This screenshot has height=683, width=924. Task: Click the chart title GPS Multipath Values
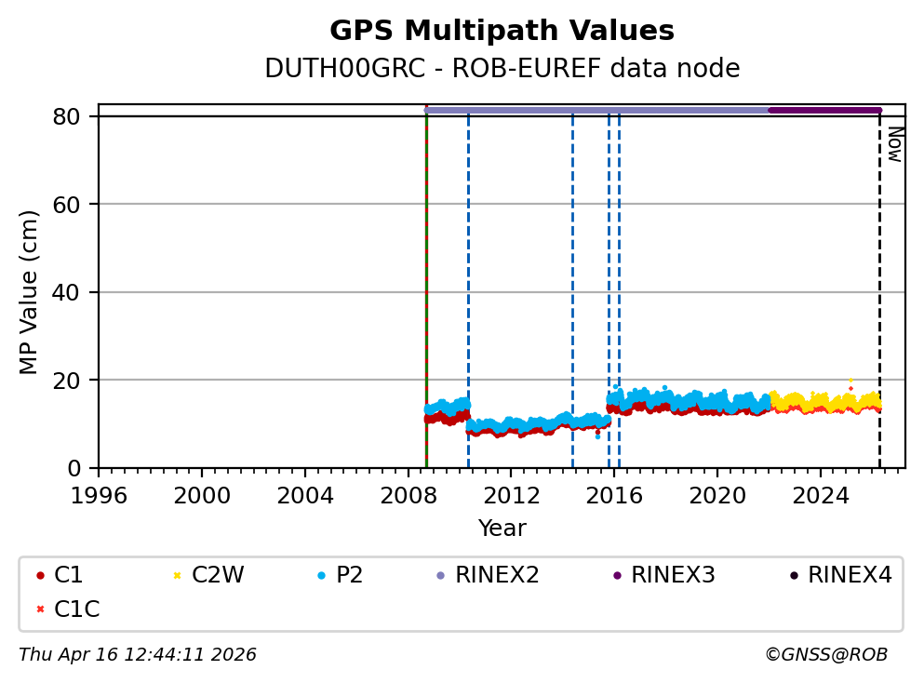[502, 31]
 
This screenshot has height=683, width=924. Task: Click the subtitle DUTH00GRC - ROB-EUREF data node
[502, 69]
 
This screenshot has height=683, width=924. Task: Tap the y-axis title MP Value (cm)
[30, 292]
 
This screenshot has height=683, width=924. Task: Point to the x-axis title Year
[502, 529]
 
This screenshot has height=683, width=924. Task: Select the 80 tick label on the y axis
[74, 116]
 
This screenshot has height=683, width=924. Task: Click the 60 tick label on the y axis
[74, 205]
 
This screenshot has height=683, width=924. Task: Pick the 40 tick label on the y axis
[74, 292]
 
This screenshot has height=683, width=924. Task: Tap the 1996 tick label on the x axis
[100, 493]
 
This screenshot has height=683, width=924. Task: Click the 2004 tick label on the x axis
[305, 493]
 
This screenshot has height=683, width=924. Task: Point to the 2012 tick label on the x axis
[512, 493]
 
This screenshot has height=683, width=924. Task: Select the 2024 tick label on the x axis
[821, 493]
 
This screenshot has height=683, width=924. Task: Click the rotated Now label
[894, 144]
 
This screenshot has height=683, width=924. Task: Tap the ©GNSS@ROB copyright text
[825, 655]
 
